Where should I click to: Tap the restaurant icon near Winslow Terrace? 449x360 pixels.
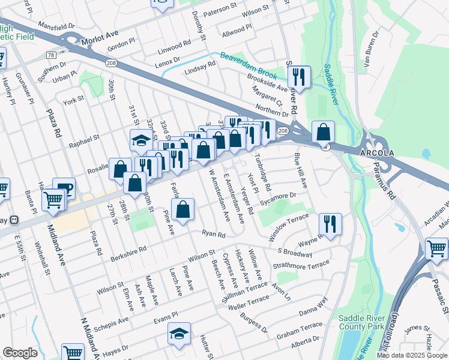[x=330, y=224]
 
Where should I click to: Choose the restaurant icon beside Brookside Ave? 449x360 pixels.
[x=298, y=76]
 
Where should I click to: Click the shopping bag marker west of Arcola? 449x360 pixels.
[x=323, y=131]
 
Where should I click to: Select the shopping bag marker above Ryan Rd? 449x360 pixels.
[x=183, y=209]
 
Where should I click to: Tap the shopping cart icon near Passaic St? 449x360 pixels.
[x=436, y=248]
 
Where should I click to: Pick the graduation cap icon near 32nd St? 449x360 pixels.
[x=141, y=141]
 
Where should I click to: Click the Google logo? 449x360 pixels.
[x=20, y=353]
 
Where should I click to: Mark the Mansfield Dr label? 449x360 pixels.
[x=56, y=27]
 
